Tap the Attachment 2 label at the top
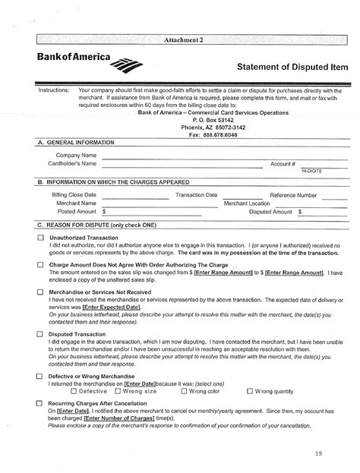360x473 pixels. [x=181, y=39]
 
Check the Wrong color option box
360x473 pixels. [x=184, y=392]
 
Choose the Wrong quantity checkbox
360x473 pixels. [x=249, y=392]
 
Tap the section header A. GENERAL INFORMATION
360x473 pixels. [x=76, y=143]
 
